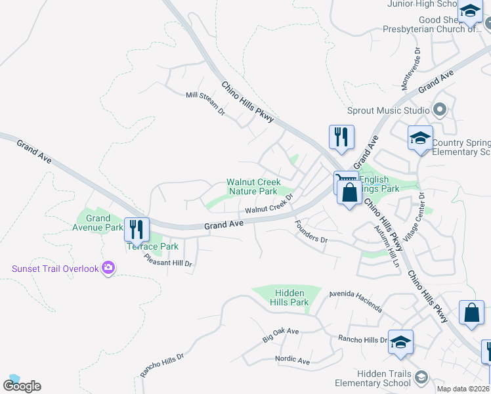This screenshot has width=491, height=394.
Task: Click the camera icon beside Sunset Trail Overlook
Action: (108, 268)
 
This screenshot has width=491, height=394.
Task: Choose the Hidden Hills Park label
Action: (288, 297)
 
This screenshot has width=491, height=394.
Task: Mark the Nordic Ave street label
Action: (292, 361)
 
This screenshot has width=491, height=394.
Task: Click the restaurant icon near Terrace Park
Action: (137, 229)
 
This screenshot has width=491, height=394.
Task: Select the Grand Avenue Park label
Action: (98, 223)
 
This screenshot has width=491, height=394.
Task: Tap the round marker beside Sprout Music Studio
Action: (440, 110)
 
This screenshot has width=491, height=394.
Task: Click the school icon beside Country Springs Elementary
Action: (420, 138)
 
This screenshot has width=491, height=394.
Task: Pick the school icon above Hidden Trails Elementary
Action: (400, 342)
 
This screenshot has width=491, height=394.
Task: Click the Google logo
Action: (22, 385)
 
